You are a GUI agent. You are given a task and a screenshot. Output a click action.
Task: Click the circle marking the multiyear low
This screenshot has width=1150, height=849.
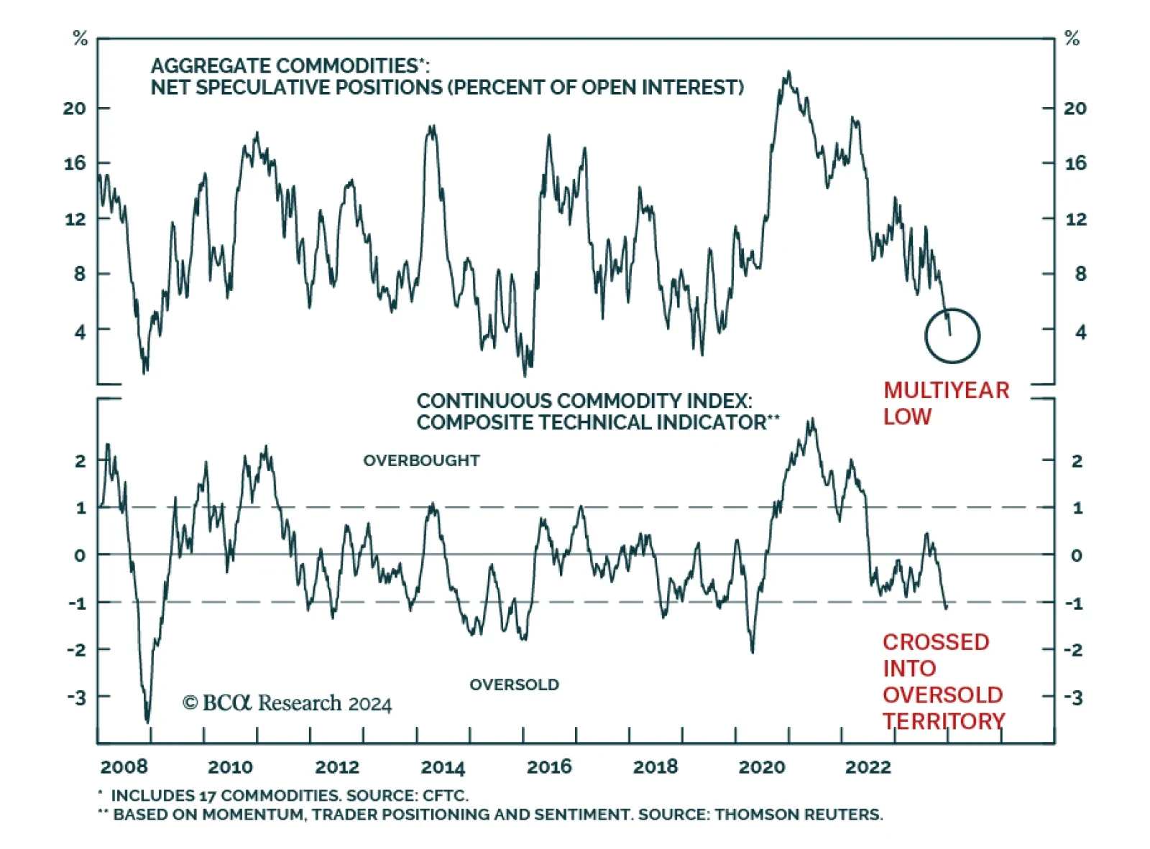[952, 335]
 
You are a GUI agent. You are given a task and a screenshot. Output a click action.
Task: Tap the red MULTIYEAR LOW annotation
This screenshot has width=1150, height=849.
[946, 403]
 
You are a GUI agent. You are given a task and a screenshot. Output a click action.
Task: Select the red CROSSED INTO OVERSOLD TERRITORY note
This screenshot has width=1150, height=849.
[943, 681]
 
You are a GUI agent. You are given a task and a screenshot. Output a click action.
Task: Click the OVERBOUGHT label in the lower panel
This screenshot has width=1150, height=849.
[421, 460]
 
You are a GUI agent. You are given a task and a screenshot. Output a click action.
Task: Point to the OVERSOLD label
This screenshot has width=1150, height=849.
[514, 685]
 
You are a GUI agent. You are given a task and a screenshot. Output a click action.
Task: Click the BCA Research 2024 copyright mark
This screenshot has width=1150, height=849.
[287, 702]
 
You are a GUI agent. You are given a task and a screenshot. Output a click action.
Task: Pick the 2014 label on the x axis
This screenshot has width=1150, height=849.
[443, 767]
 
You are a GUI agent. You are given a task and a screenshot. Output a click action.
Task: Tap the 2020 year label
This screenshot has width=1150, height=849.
[762, 767]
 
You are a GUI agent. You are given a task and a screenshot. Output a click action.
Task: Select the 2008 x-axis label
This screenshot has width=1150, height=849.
[124, 767]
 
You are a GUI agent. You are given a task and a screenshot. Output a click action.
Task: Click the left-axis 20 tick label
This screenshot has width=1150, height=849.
[75, 108]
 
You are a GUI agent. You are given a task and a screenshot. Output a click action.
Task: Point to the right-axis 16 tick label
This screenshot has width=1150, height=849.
[1075, 164]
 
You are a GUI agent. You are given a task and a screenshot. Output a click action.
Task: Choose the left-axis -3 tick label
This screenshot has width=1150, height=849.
[76, 697]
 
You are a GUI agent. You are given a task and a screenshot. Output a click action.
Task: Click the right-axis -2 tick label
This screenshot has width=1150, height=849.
[1074, 650]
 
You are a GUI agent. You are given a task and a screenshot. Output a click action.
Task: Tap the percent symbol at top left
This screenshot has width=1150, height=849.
[80, 39]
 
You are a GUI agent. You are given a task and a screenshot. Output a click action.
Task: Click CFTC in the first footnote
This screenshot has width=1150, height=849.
[446, 796]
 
